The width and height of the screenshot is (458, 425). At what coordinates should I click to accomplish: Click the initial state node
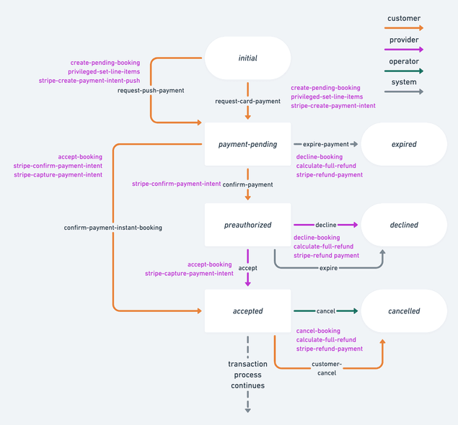pos(247,58)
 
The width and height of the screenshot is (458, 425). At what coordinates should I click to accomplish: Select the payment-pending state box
pos(247,144)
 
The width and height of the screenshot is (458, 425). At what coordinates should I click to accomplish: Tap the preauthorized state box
pos(247,225)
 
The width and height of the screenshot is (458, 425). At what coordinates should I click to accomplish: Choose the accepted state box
pos(247,311)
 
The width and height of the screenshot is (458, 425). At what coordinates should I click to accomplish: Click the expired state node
pos(404,144)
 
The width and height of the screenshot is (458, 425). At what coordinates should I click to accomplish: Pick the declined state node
pos(404,225)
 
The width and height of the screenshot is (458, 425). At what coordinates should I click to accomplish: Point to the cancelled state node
pos(404,311)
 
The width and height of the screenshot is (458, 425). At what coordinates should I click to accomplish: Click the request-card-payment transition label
pos(247,102)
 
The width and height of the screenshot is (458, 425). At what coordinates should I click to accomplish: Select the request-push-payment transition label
pos(151,91)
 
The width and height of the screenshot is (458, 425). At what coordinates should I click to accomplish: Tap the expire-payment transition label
pos(325,144)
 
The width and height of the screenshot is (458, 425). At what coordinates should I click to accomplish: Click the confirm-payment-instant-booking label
pos(113,228)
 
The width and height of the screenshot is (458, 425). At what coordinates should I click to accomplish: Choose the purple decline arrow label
pos(326,225)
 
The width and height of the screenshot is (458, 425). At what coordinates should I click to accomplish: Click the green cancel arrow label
pos(326,311)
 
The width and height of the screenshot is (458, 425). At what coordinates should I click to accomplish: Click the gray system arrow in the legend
pos(405,91)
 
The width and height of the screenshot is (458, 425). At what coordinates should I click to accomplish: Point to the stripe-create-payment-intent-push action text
pos(89,81)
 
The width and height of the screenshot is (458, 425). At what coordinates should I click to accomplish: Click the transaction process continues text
pos(247,375)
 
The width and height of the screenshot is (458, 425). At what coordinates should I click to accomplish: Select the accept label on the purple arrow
pos(247,268)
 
